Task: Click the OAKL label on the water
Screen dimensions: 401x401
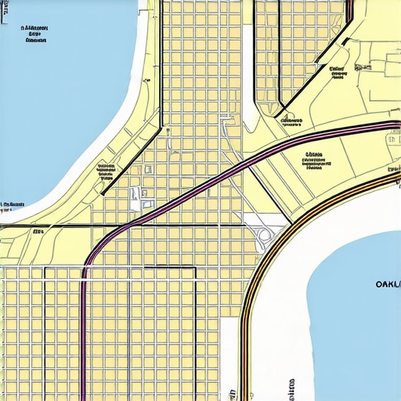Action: (x=387, y=284)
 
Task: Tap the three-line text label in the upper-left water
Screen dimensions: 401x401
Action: (x=34, y=34)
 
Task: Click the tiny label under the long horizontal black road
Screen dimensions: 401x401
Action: (x=37, y=232)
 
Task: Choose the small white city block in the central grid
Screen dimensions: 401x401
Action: (x=135, y=196)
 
